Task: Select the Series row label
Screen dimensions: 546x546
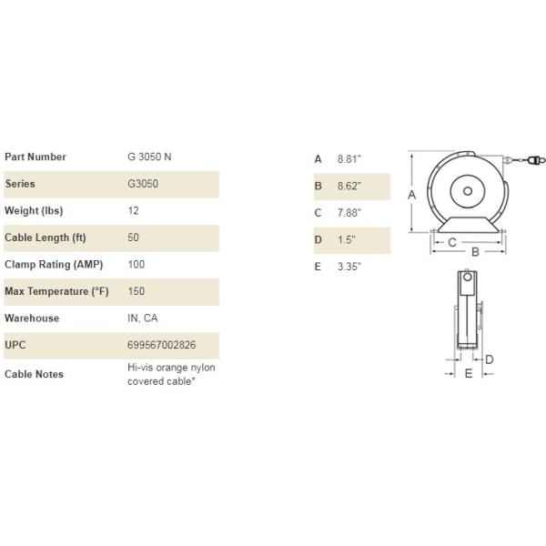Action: click(20, 184)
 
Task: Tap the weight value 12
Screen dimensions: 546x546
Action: click(134, 210)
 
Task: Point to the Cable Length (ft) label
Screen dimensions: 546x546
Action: click(45, 238)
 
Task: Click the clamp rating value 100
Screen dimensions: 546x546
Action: click(136, 265)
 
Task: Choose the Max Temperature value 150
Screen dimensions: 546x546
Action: click(136, 291)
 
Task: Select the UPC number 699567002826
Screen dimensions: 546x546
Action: click(162, 346)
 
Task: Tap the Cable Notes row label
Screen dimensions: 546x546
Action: click(34, 374)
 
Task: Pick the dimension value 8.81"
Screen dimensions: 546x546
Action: click(349, 158)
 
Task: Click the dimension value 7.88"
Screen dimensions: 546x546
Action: click(349, 213)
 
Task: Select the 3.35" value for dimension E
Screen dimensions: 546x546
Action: click(349, 267)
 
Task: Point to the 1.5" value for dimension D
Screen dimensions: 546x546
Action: click(347, 240)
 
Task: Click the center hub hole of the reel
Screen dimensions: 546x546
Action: click(466, 192)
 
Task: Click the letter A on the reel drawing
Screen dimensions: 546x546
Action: click(411, 195)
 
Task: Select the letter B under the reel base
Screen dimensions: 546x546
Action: click(474, 251)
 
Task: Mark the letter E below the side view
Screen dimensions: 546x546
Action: click(468, 374)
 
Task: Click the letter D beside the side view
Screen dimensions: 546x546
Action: click(489, 359)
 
